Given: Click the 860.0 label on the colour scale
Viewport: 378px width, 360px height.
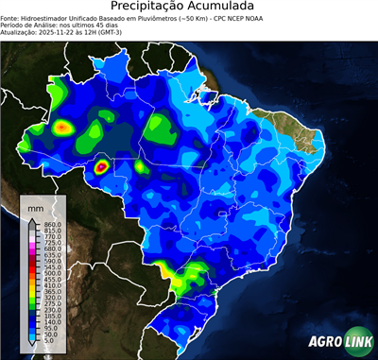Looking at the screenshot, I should tap(53, 223).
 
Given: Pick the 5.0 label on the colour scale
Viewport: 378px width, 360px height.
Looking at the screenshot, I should tap(50, 341).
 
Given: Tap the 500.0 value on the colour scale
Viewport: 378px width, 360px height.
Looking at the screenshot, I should tap(53, 272).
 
